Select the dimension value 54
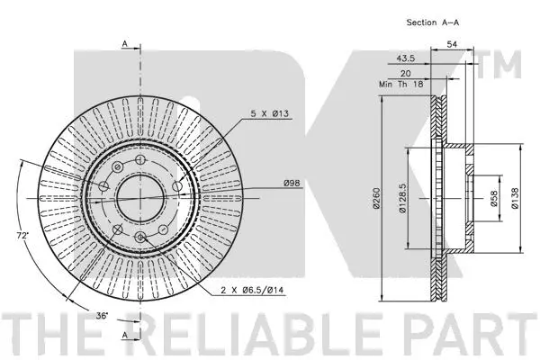click(x=452, y=43)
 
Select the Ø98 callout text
click(x=292, y=184)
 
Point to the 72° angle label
click(x=21, y=235)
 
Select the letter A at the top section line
click(x=123, y=42)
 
